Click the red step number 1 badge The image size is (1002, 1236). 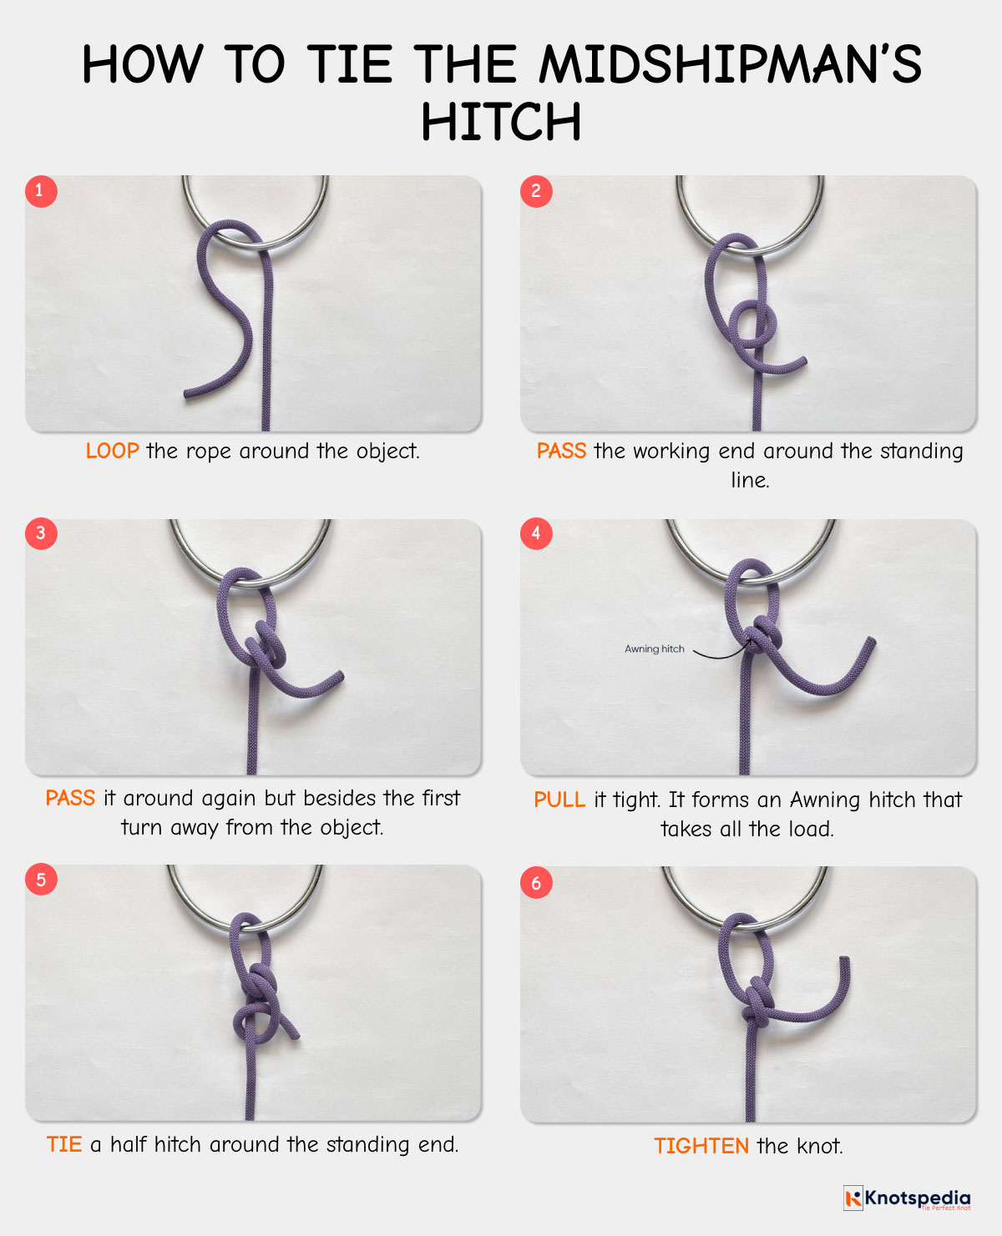tap(40, 191)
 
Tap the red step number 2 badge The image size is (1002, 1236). tap(536, 191)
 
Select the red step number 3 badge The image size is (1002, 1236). tap(40, 533)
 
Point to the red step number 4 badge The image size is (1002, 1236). tap(536, 533)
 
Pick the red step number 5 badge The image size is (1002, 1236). tap(40, 880)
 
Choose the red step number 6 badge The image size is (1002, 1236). tap(536, 883)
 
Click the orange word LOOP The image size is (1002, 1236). tap(112, 452)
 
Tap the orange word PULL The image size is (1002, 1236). tap(559, 800)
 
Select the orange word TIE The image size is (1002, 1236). tap(63, 1144)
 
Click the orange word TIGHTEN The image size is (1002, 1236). tap(701, 1146)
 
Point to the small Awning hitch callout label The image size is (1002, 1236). tap(654, 648)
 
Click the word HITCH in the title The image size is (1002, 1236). tap(501, 122)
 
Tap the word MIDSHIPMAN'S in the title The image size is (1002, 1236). tap(730, 64)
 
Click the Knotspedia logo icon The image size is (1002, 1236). tap(853, 1198)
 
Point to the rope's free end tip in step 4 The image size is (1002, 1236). tap(871, 641)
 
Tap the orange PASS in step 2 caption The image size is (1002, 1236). tap(561, 452)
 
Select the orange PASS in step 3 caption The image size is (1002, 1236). tap(70, 799)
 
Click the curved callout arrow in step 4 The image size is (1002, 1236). tap(718, 653)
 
